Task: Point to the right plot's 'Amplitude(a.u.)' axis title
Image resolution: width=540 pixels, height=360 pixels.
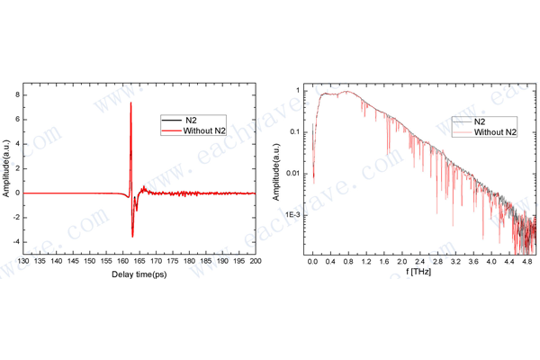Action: pos(280,170)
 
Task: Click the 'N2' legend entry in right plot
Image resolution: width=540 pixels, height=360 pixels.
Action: pos(481,120)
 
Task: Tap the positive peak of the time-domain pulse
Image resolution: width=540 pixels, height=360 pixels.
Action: pos(131,103)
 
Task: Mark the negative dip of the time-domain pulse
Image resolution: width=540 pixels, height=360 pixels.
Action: pos(132,236)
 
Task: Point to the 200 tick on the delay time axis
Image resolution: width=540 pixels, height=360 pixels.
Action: pos(256,262)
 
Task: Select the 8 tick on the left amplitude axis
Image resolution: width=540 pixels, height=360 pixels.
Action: pos(17,93)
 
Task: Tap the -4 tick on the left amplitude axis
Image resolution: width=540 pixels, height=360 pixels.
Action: pos(15,242)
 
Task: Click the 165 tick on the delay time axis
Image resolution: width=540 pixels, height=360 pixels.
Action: pos(140,262)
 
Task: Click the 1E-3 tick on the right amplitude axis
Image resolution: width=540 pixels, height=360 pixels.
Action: pos(294,215)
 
